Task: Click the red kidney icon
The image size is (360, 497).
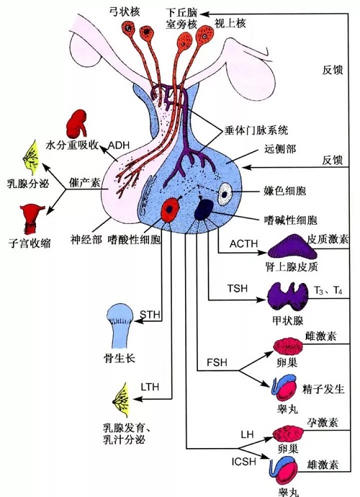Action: pyautogui.click(x=76, y=123)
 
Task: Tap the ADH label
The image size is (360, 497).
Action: pyautogui.click(x=119, y=145)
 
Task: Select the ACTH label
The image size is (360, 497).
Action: pyautogui.click(x=243, y=243)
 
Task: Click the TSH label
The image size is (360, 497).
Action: pyautogui.click(x=238, y=288)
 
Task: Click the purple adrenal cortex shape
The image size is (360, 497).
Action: pyautogui.click(x=292, y=246)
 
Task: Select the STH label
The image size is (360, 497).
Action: pyautogui.click(x=150, y=315)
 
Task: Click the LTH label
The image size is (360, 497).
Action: pyautogui.click(x=150, y=387)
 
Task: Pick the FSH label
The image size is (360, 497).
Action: pyautogui.click(x=217, y=362)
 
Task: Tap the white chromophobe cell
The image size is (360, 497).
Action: pyautogui.click(x=225, y=194)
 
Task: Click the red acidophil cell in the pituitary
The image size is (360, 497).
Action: pyautogui.click(x=171, y=209)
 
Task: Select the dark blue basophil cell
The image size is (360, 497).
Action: pyautogui.click(x=204, y=209)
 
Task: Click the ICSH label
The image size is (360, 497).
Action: pyautogui.click(x=243, y=462)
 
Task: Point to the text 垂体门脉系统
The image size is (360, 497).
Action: pyautogui.click(x=256, y=130)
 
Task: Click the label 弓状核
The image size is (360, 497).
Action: pyautogui.click(x=125, y=12)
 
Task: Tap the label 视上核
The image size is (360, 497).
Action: pyautogui.click(x=230, y=23)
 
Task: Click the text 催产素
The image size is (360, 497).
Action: pyautogui.click(x=85, y=182)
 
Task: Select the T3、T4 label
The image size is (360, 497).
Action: pyautogui.click(x=328, y=290)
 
